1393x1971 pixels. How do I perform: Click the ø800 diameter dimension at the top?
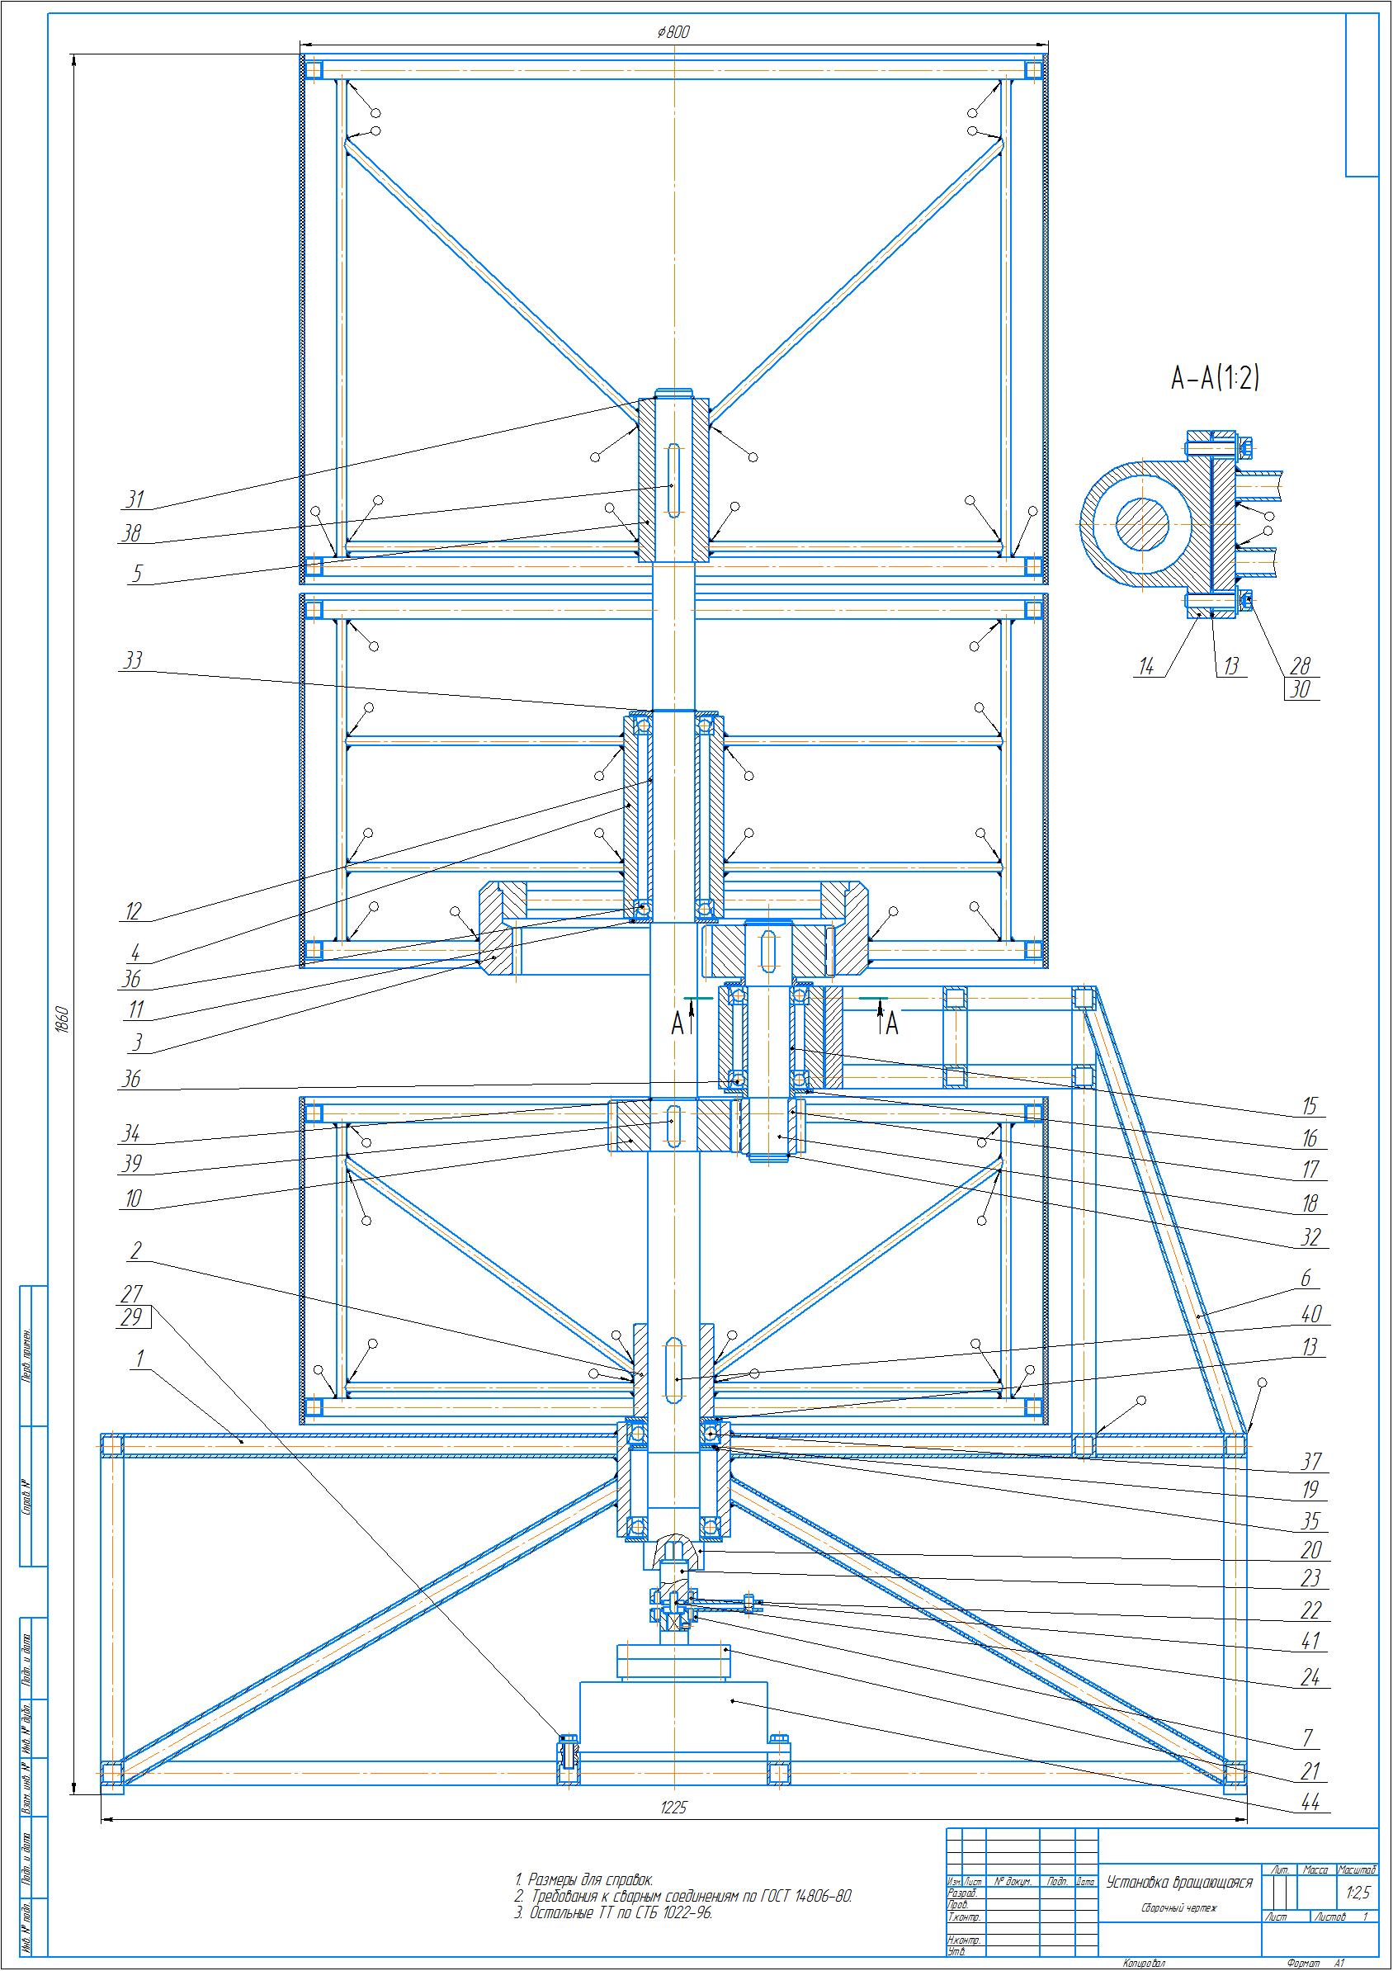coord(673,33)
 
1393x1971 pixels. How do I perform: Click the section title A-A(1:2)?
coord(1216,378)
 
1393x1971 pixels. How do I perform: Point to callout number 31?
coord(134,499)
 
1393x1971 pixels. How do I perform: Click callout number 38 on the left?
coord(131,533)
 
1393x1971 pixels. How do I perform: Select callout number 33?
coord(133,660)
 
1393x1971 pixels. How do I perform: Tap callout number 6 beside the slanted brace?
coord(1306,1279)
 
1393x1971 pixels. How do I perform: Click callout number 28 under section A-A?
coord(1301,665)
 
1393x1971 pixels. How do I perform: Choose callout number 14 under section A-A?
coord(1148,667)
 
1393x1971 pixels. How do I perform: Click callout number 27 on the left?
coord(131,1293)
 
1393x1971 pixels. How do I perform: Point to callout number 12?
coord(132,912)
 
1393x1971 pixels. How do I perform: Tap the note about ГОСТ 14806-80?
coord(683,1897)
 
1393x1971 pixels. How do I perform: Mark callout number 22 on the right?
coord(1310,1610)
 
